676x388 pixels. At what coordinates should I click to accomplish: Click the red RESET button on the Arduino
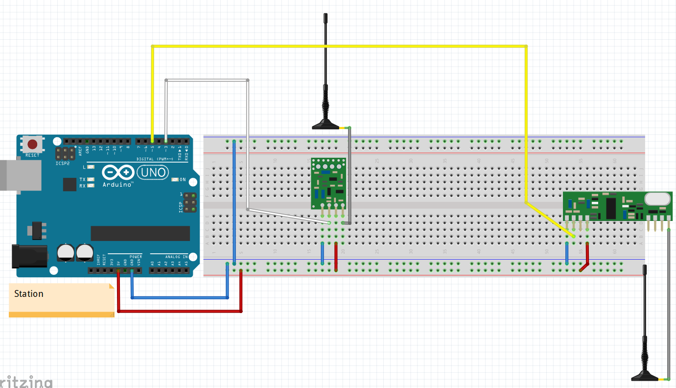(x=32, y=145)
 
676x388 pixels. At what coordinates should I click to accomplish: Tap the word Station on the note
(x=29, y=294)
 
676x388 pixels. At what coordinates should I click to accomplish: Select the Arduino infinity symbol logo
(x=118, y=173)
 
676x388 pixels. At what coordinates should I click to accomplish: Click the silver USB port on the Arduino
(x=20, y=174)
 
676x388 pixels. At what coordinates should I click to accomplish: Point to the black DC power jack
(x=29, y=257)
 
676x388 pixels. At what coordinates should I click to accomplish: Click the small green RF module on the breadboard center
(x=329, y=184)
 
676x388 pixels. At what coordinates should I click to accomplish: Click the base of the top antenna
(x=326, y=125)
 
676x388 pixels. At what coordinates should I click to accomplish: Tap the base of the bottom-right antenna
(x=645, y=376)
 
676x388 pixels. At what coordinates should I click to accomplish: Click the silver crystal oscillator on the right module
(x=657, y=199)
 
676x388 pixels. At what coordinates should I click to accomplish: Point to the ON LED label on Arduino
(x=183, y=179)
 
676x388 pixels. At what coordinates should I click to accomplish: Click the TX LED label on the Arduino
(x=82, y=180)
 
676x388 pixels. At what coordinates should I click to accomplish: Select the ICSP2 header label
(x=62, y=163)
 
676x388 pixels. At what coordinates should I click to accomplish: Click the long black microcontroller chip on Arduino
(x=140, y=234)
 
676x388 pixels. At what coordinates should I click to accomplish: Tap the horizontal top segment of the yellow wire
(x=338, y=47)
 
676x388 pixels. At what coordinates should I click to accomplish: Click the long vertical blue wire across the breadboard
(x=234, y=201)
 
